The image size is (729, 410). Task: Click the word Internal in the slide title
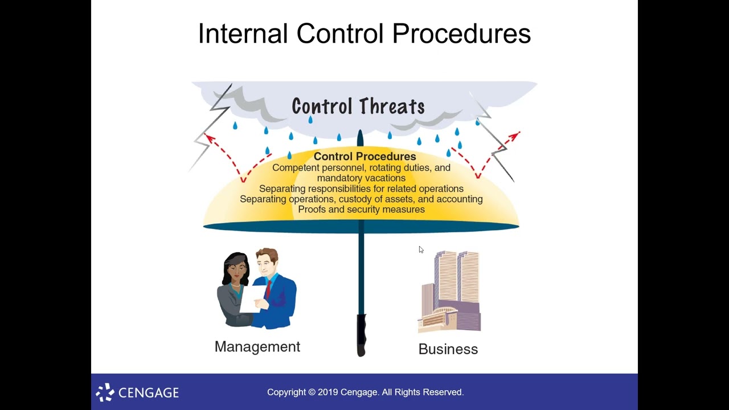click(242, 34)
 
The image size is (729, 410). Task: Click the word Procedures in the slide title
click(461, 34)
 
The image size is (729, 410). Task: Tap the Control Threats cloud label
click(358, 106)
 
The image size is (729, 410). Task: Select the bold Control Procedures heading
click(364, 156)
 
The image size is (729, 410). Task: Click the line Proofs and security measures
click(361, 210)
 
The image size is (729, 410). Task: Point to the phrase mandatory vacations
click(361, 178)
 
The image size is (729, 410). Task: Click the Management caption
click(257, 347)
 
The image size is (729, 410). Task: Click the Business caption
click(448, 349)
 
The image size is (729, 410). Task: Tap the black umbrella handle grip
click(361, 336)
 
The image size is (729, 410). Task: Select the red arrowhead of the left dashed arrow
click(210, 138)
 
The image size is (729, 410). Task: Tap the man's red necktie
click(268, 287)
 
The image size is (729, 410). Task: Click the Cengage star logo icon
click(105, 392)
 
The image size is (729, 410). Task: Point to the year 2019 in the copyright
click(328, 392)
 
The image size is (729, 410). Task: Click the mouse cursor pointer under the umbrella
click(420, 249)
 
